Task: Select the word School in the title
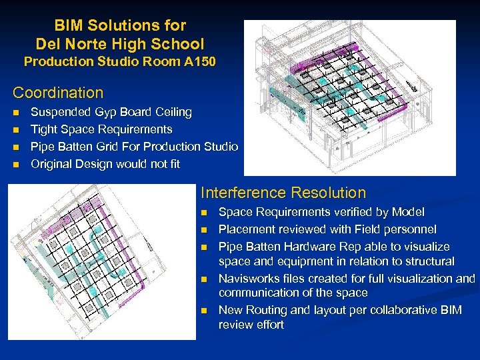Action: (x=179, y=45)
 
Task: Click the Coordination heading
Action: (x=59, y=93)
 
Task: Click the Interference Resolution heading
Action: (x=283, y=193)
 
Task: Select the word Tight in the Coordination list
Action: (x=45, y=129)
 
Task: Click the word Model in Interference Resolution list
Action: (x=408, y=212)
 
